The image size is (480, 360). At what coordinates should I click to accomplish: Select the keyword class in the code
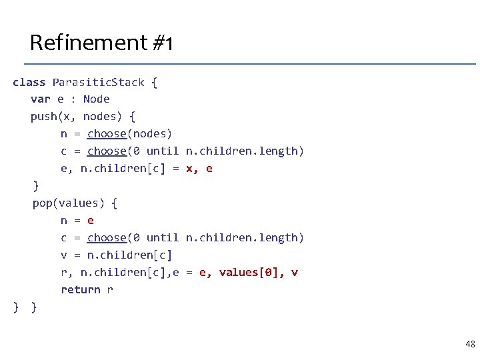(29, 82)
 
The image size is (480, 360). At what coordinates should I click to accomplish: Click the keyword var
(40, 99)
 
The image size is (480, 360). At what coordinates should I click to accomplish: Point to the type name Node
(97, 99)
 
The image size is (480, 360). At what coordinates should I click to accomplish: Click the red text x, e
(199, 169)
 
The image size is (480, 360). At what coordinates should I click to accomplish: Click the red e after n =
(91, 221)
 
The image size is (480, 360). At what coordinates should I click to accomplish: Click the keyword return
(81, 290)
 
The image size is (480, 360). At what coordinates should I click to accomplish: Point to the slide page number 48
(470, 344)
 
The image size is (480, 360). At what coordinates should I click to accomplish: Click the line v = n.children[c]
(116, 255)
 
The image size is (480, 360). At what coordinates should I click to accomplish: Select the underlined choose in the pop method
(107, 238)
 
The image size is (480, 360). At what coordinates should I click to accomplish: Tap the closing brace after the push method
(36, 185)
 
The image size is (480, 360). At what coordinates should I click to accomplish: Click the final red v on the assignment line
(295, 273)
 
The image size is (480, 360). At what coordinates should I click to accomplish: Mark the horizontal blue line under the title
(250, 64)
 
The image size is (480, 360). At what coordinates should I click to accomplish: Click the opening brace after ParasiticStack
(154, 82)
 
